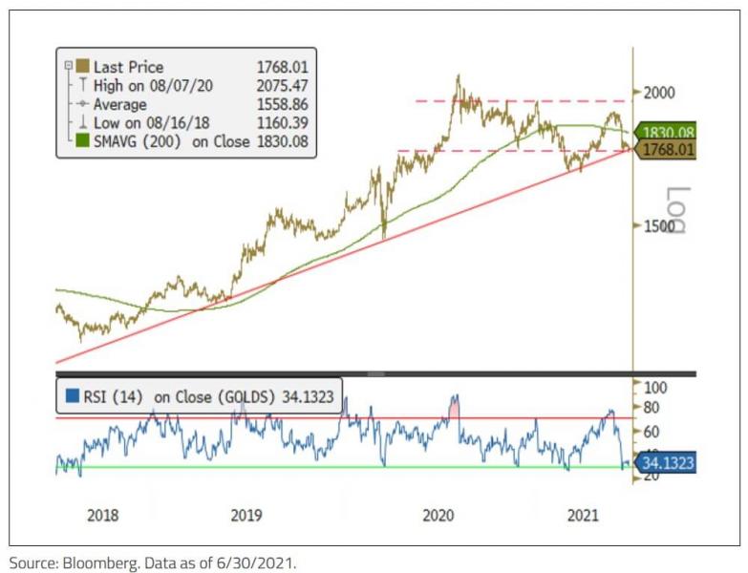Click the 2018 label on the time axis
[x=103, y=516]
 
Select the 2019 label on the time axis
[x=246, y=516]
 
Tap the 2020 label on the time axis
[x=438, y=516]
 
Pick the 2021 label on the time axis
[x=583, y=516]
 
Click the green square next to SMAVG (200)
[x=82, y=141]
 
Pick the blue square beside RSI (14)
[x=72, y=395]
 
